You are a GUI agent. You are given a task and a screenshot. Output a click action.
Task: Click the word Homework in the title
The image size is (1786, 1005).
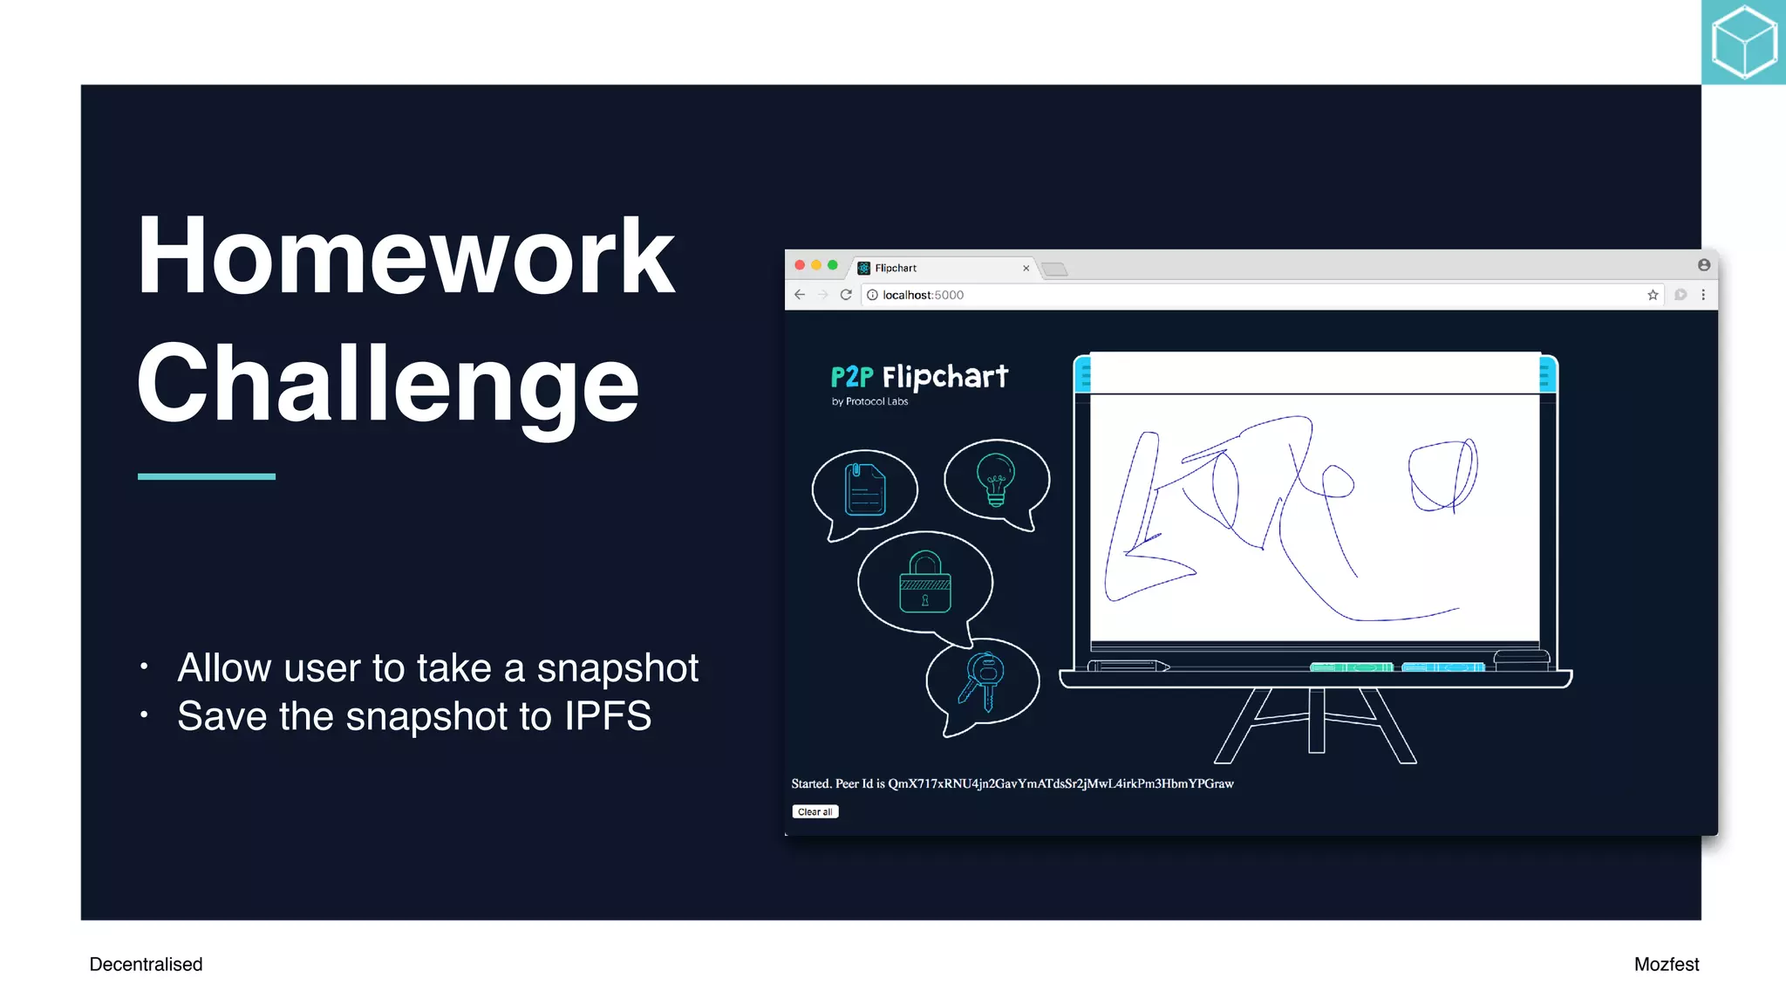pyautogui.click(x=406, y=256)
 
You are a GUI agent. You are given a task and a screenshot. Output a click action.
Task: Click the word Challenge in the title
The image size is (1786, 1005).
pyautogui.click(x=388, y=384)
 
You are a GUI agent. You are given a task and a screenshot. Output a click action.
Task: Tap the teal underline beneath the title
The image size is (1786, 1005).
pyautogui.click(x=207, y=476)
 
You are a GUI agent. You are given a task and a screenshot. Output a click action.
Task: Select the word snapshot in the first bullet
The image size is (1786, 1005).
pyautogui.click(x=617, y=668)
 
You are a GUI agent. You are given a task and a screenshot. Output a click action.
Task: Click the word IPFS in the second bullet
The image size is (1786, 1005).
pyautogui.click(x=607, y=716)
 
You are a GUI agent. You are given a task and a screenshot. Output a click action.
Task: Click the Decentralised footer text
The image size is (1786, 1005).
pyautogui.click(x=146, y=964)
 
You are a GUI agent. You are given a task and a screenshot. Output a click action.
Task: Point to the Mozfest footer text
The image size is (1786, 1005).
pyautogui.click(x=1666, y=964)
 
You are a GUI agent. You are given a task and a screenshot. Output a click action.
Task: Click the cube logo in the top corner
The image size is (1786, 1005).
pyautogui.click(x=1743, y=42)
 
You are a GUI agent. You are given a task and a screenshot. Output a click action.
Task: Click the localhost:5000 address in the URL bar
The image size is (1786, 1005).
pyautogui.click(x=923, y=295)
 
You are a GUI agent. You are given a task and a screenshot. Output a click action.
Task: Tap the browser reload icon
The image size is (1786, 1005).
pyautogui.click(x=846, y=295)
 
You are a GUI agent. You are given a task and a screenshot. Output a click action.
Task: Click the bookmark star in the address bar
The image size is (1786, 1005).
pyautogui.click(x=1653, y=295)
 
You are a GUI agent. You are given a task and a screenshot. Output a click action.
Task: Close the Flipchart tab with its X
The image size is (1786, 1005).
pyautogui.click(x=1026, y=269)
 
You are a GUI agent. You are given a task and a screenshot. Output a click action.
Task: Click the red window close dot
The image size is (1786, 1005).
pyautogui.click(x=800, y=265)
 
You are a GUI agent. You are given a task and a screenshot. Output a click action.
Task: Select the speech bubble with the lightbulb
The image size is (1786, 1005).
pyautogui.click(x=996, y=480)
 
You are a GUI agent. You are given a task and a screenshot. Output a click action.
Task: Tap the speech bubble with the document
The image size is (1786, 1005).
pyautogui.click(x=864, y=489)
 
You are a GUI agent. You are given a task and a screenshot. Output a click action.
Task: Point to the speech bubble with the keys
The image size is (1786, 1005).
pyautogui.click(x=982, y=682)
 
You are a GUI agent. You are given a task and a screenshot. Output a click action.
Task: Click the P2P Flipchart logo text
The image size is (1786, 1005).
pyautogui.click(x=919, y=377)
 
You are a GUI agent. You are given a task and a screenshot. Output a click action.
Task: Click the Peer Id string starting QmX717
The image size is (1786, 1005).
pyautogui.click(x=1060, y=783)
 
